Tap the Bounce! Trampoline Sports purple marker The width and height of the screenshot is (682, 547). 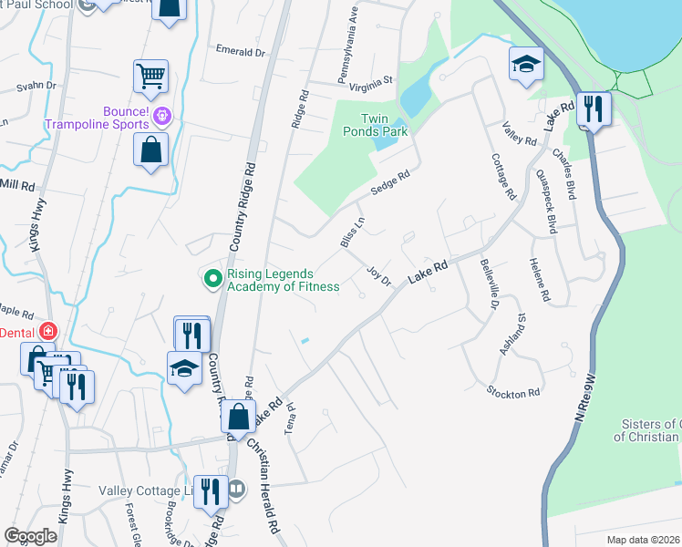[163, 116]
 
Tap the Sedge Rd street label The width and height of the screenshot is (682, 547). [390, 188]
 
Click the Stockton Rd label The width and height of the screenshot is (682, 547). [513, 393]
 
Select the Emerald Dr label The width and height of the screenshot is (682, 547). [240, 52]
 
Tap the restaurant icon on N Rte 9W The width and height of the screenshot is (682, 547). [594, 110]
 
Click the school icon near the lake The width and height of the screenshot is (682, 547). [526, 64]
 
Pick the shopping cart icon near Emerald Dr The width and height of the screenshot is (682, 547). [150, 76]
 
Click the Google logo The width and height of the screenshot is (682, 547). [30, 536]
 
